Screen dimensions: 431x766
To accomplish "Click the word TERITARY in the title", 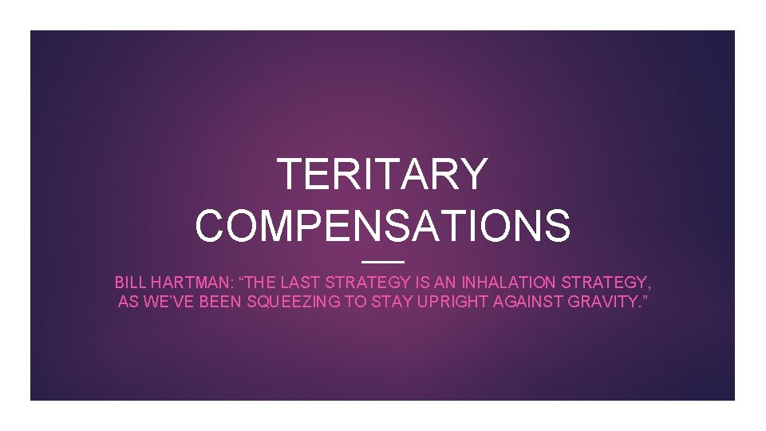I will tap(382, 174).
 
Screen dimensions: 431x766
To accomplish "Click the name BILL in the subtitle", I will tap(130, 283).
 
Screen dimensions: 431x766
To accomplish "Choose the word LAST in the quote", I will tap(306, 283).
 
